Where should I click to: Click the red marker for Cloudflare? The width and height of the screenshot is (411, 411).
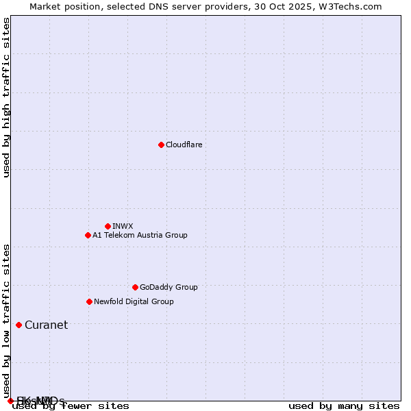[x=161, y=145]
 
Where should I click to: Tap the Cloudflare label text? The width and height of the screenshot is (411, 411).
[x=184, y=145]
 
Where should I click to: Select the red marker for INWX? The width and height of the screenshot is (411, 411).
[x=108, y=226]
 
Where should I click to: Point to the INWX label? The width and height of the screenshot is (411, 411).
[x=123, y=226]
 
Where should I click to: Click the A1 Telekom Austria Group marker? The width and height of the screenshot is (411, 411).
[x=88, y=235]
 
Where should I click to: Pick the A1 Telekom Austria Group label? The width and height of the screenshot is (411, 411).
[x=140, y=235]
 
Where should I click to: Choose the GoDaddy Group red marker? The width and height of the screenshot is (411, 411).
[x=135, y=287]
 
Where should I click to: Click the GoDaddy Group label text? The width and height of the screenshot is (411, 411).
[x=169, y=287]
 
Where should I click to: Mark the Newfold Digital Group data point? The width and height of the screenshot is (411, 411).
[x=89, y=301]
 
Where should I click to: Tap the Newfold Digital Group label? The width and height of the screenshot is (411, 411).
[x=134, y=301]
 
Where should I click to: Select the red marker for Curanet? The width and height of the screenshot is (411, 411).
[x=18, y=325]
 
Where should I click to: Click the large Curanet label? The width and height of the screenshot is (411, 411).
[x=46, y=325]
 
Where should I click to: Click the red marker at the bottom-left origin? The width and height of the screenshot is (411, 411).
[x=10, y=401]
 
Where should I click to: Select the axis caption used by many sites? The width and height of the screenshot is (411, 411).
[x=343, y=406]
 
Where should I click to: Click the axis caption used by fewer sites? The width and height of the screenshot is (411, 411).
[x=71, y=406]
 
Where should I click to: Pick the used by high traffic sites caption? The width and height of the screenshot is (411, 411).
[x=6, y=97]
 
